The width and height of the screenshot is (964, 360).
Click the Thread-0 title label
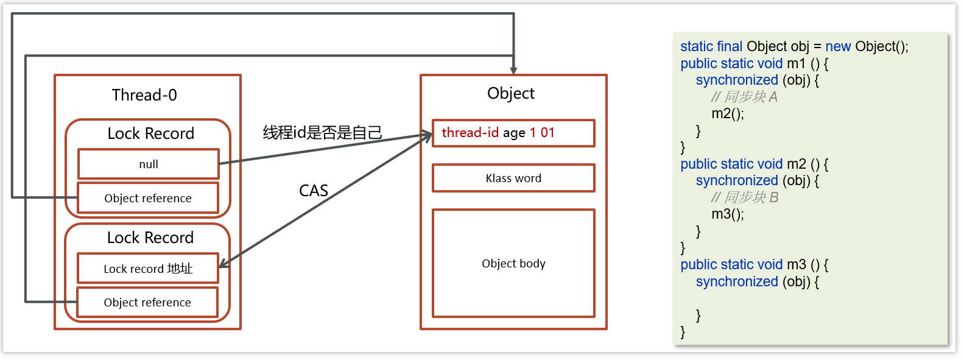coord(144,95)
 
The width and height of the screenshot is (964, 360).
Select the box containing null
coord(148,164)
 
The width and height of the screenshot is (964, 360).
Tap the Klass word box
coord(513,178)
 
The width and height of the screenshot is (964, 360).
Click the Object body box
coord(513,263)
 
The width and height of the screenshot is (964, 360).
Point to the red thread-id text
coord(470,133)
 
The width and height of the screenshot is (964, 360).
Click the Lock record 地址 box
coord(147,269)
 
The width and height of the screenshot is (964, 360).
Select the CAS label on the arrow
coord(314,191)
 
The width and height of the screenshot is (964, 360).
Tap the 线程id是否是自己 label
coord(322,132)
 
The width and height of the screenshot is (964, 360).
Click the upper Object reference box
coord(147,198)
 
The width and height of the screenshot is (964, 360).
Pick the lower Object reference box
coord(147,302)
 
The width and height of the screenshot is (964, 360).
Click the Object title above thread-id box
coord(510,93)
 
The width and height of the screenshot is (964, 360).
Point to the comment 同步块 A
coord(744,97)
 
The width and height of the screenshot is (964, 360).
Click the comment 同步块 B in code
coord(745,197)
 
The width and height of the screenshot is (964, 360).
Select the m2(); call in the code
coord(728,113)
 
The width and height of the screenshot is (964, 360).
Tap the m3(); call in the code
coord(728,214)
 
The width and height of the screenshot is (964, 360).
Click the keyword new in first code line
coord(838,46)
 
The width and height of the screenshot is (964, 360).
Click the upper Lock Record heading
coord(150,133)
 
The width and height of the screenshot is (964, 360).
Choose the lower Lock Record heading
coord(150,238)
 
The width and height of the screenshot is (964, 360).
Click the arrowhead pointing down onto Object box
coord(514,71)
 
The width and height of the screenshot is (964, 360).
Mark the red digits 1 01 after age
coord(542,133)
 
